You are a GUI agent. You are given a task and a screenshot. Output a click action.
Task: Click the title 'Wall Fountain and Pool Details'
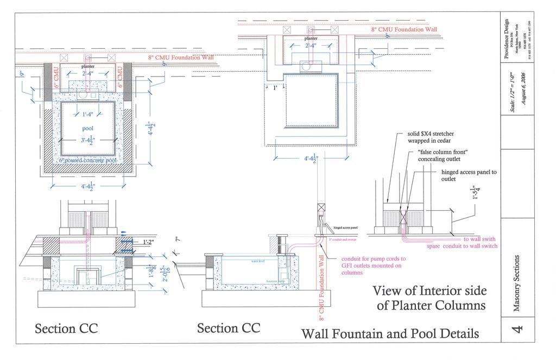[390, 332]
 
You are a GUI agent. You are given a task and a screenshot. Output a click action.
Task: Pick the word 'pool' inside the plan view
[88, 128]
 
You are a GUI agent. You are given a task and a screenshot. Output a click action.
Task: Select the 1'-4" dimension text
[87, 114]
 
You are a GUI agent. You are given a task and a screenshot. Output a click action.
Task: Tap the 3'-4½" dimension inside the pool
[88, 141]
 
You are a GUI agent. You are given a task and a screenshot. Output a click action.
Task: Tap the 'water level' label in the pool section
[258, 261]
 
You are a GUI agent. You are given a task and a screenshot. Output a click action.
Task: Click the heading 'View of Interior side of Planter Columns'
[429, 298]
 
